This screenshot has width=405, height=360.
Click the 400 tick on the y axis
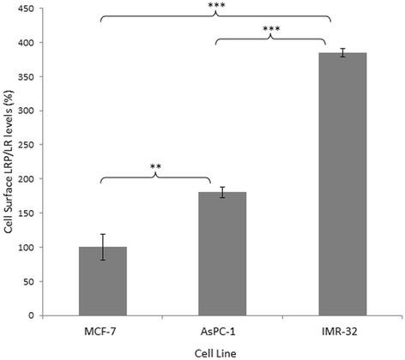[28, 43]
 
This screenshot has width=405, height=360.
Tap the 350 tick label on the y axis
[28, 77]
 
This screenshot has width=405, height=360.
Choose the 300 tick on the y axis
[28, 111]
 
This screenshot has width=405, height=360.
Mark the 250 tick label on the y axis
[28, 145]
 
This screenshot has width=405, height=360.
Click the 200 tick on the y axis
[28, 179]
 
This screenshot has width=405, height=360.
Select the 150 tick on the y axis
[28, 213]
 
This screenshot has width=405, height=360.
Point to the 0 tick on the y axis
[33, 315]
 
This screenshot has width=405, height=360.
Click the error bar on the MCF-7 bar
[102, 247]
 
